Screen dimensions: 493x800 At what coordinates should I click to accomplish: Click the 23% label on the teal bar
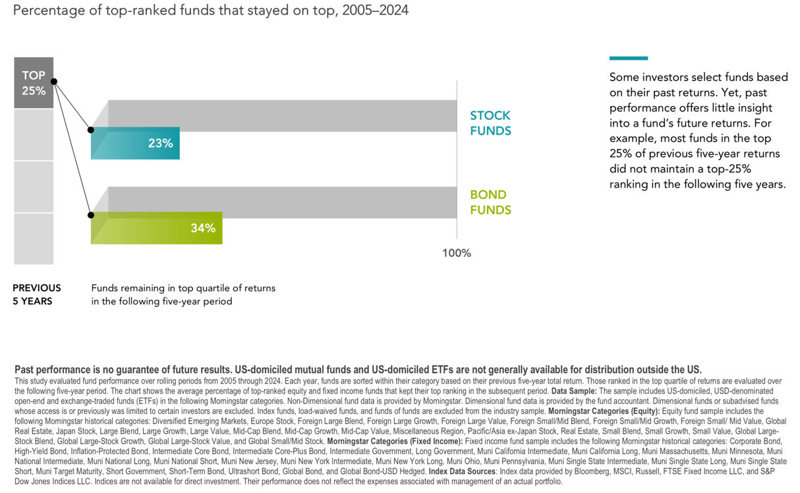point(160,143)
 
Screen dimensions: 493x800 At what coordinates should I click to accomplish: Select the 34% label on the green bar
point(203,228)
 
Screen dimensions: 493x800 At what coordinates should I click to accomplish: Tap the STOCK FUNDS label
point(490,123)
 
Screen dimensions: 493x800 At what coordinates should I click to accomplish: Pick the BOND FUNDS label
point(490,202)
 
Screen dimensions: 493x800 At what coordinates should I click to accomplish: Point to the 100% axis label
point(457,253)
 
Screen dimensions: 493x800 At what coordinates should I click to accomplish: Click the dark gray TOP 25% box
point(34,83)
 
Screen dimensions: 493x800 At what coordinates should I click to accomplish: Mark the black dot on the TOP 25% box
point(54,82)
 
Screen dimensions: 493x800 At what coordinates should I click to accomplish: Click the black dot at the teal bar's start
point(91,130)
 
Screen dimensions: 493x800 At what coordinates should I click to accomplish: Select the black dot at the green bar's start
point(91,215)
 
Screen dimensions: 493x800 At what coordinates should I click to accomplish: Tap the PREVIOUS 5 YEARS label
point(37,295)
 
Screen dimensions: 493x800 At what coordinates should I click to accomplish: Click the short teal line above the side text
point(628,58)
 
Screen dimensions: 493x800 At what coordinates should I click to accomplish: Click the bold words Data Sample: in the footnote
point(574,391)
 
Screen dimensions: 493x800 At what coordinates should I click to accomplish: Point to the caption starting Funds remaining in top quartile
point(183,295)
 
